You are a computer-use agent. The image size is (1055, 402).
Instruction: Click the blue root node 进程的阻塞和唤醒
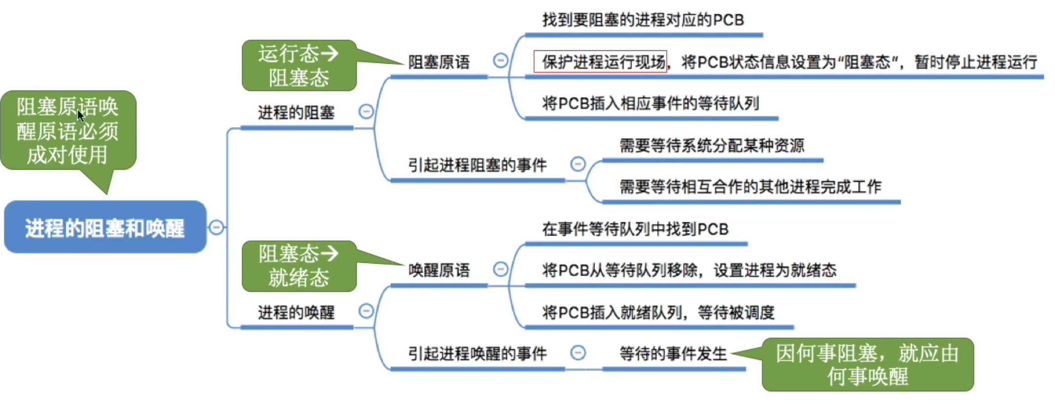click(105, 228)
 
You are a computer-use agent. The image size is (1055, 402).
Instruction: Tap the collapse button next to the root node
click(216, 227)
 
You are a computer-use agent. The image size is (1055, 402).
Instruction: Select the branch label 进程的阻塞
click(296, 113)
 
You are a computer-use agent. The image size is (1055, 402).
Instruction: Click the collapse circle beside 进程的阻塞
click(366, 112)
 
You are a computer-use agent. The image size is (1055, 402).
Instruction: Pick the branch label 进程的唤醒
click(296, 312)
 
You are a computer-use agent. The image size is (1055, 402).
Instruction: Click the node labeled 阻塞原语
click(439, 62)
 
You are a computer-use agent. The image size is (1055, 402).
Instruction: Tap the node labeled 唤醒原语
click(439, 270)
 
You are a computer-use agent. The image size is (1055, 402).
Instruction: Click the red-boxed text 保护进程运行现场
click(600, 62)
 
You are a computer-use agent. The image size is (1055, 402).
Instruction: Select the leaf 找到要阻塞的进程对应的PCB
click(643, 20)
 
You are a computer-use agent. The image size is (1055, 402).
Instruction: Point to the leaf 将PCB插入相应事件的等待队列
click(650, 104)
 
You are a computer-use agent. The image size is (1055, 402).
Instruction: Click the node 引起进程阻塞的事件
click(477, 165)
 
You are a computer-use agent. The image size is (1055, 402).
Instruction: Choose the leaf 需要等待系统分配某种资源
click(712, 146)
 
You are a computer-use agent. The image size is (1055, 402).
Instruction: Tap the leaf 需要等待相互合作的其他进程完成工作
click(750, 187)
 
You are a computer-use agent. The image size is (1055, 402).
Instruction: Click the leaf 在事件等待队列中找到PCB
click(635, 229)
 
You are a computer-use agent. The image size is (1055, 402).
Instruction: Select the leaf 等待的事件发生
click(673, 354)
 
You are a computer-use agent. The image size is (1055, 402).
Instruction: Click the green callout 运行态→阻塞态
click(299, 66)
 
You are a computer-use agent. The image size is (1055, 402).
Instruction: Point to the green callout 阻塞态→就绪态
click(299, 266)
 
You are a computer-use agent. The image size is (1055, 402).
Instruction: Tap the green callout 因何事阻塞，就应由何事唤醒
click(867, 364)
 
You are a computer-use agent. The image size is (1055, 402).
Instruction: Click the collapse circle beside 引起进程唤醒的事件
click(578, 353)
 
